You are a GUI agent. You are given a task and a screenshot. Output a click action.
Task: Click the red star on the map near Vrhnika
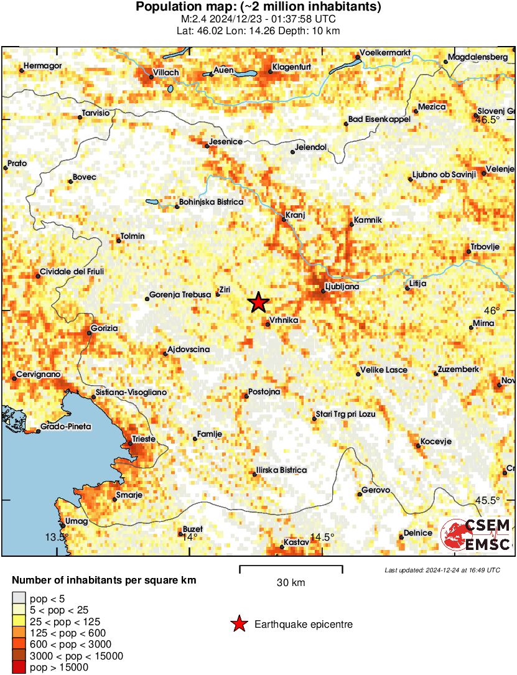(259, 302)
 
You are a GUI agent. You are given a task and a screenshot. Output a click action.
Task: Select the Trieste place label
(144, 439)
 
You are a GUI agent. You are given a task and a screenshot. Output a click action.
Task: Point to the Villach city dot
(151, 77)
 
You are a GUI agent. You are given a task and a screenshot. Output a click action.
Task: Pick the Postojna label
(264, 392)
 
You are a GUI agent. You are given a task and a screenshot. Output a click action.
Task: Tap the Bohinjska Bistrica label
(210, 202)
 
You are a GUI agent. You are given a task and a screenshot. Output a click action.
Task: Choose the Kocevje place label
(435, 441)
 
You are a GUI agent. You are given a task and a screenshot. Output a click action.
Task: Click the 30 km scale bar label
(291, 583)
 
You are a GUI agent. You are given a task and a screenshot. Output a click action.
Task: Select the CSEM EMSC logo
(476, 536)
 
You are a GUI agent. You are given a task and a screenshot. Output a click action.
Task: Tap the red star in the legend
(238, 624)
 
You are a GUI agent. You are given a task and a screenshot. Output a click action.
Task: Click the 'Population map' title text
(258, 7)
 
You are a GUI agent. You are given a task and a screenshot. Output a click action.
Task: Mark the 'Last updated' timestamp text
(442, 570)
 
